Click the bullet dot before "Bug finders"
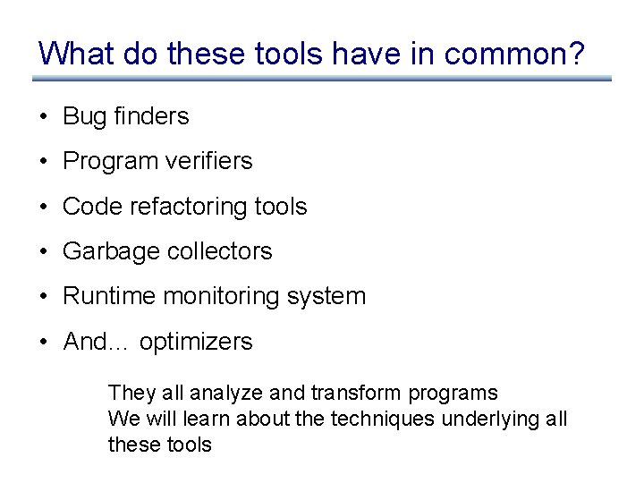click(x=43, y=116)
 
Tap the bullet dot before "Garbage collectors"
click(x=43, y=251)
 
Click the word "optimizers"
click(x=196, y=342)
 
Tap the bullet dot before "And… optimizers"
click(x=43, y=342)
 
